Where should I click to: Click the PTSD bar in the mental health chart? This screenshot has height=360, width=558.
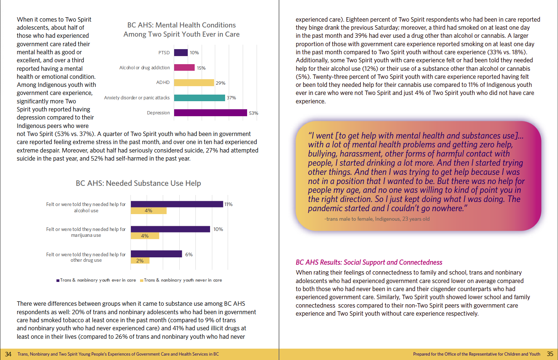[x=181, y=53]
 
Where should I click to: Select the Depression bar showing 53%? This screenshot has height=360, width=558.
[x=210, y=113]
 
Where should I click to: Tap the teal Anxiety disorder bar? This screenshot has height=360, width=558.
[x=199, y=98]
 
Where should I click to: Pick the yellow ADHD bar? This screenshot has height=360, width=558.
[x=194, y=83]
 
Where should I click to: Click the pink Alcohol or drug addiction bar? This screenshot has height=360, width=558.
[x=184, y=67]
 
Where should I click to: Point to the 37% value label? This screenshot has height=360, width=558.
[x=231, y=98]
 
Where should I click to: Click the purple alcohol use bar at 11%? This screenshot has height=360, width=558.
[x=177, y=204]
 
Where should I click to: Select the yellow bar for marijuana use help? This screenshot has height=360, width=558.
[x=145, y=236]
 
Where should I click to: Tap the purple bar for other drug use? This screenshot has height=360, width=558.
[x=156, y=254]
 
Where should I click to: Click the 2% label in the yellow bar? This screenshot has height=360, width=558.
[x=140, y=261]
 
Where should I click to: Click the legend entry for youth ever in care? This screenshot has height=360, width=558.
[x=98, y=280]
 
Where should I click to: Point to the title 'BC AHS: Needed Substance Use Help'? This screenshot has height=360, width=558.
[x=138, y=183]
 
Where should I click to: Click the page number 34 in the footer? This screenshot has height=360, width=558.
[x=8, y=354]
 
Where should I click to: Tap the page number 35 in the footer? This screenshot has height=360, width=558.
[x=550, y=354]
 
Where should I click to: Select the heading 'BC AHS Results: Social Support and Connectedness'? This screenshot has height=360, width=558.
[x=369, y=262]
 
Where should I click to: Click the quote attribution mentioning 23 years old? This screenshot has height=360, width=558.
[x=377, y=219]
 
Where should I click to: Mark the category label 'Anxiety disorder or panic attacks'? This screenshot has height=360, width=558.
[x=137, y=98]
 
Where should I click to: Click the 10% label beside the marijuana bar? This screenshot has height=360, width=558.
[x=218, y=229]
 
